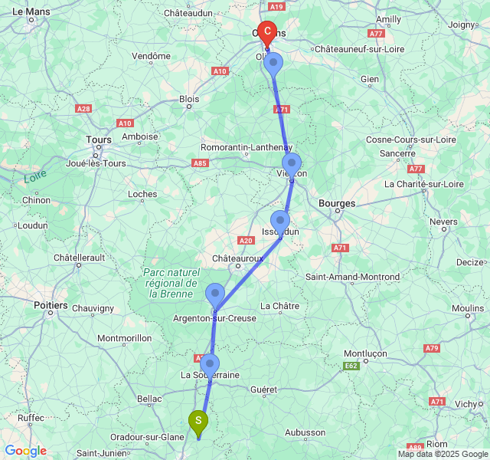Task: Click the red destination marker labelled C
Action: coord(267,33)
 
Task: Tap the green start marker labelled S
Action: coord(198,420)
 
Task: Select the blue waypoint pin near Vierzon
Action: coord(292,163)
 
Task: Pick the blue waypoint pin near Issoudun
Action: coord(280,221)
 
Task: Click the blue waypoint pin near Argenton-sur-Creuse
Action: coord(215,294)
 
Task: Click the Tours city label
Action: coord(99,140)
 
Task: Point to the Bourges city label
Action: coord(336,203)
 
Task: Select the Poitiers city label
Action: coord(51,304)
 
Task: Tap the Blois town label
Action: coord(189,99)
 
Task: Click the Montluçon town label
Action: coord(364,353)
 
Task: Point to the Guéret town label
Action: coord(264,389)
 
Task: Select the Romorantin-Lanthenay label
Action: coord(247,147)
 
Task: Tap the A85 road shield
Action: coord(201,163)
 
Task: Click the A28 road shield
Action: coord(83,109)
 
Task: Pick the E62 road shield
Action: coord(351,366)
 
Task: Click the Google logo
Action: coord(25,451)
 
